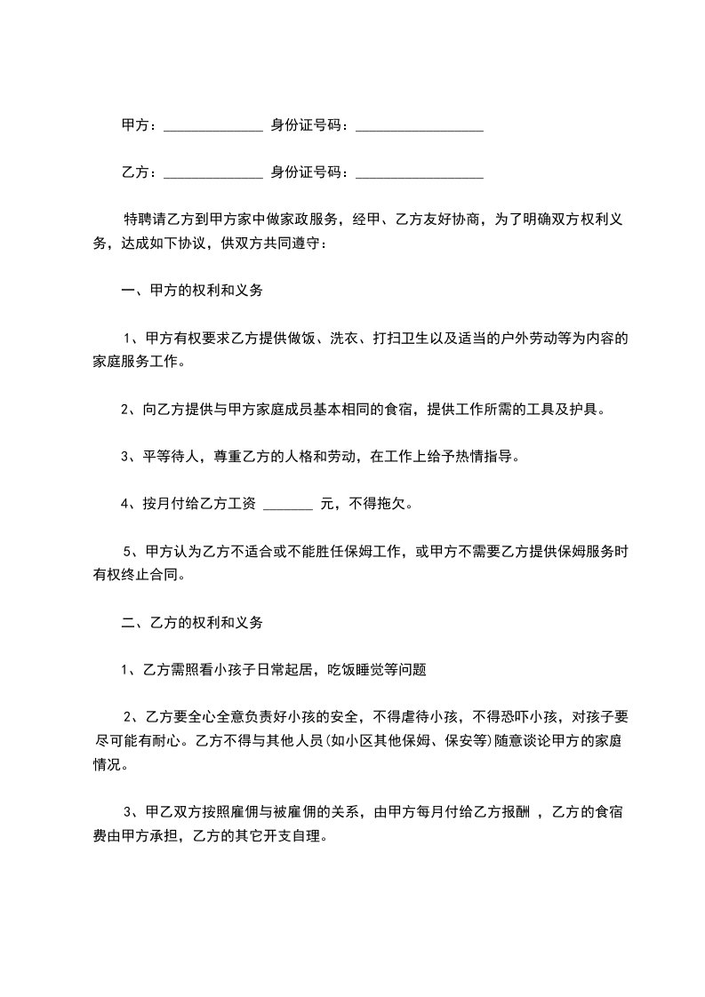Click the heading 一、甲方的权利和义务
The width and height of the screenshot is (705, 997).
click(191, 291)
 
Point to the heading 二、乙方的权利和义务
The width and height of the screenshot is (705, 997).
click(191, 624)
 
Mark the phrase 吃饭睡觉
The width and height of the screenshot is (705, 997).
click(356, 670)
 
